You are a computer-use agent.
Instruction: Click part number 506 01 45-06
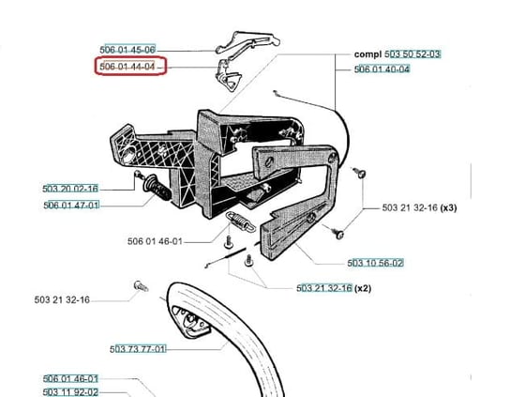click(x=127, y=50)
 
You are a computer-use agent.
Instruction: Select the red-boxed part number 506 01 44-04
click(x=127, y=67)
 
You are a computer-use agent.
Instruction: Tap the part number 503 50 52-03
click(x=412, y=54)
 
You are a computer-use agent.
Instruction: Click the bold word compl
click(x=367, y=54)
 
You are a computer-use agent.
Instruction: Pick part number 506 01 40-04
click(x=382, y=69)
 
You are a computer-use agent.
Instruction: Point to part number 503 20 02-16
click(x=70, y=189)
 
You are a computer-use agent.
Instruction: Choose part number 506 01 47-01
click(x=71, y=206)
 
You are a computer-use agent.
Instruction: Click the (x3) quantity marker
click(x=448, y=207)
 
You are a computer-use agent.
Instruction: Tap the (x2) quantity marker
click(x=363, y=288)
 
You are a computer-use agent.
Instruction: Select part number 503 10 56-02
click(x=375, y=263)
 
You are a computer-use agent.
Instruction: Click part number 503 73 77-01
click(x=138, y=349)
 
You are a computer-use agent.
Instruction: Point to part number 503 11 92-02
click(x=70, y=392)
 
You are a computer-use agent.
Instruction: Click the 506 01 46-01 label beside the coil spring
click(x=155, y=241)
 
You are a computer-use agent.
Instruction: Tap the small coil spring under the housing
click(x=241, y=221)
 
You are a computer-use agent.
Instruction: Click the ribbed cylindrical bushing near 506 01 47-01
click(x=157, y=188)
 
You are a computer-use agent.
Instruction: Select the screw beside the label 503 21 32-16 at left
click(x=142, y=286)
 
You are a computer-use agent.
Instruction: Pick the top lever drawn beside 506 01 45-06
click(x=247, y=41)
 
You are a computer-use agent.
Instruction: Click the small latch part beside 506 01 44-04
click(x=229, y=76)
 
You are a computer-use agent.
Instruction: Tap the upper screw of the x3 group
click(x=359, y=173)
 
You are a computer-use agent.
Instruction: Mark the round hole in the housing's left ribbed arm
click(x=130, y=153)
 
